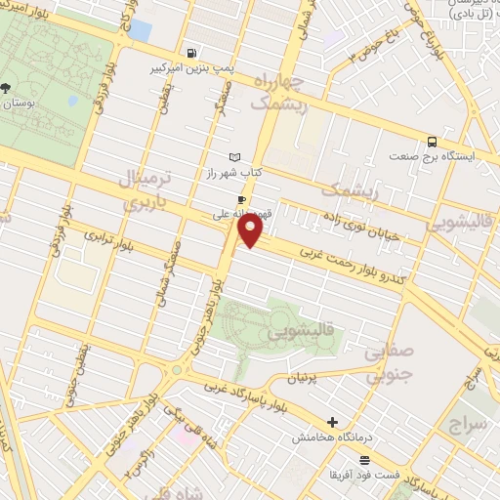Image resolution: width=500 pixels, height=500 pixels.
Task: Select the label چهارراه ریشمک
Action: [277, 90]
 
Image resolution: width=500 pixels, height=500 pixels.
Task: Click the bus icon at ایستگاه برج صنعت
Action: [432, 141]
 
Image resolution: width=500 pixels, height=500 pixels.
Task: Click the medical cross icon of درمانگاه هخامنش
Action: [334, 423]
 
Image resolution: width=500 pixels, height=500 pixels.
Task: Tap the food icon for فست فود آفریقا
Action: [365, 460]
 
